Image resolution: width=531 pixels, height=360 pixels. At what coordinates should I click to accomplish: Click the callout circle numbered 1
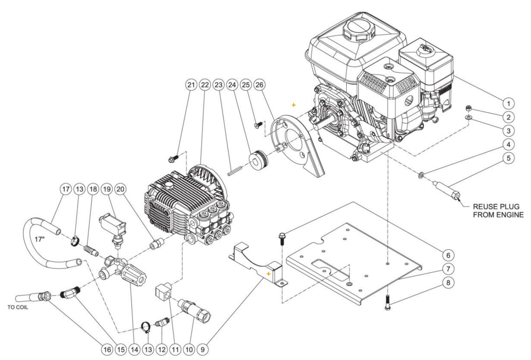pyautogui.click(x=508, y=103)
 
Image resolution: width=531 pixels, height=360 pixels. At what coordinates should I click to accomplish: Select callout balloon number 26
pyautogui.click(x=259, y=85)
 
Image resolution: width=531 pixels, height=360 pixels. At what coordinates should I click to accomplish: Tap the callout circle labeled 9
pyautogui.click(x=202, y=350)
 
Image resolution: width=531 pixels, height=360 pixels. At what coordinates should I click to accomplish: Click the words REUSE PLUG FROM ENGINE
pyautogui.click(x=498, y=211)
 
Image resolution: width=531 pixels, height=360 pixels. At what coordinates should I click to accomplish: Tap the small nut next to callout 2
pyautogui.click(x=468, y=109)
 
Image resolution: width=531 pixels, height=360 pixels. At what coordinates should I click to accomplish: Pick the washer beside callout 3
pyautogui.click(x=468, y=117)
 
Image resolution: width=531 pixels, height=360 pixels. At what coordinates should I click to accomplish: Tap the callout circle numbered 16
pyautogui.click(x=107, y=350)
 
